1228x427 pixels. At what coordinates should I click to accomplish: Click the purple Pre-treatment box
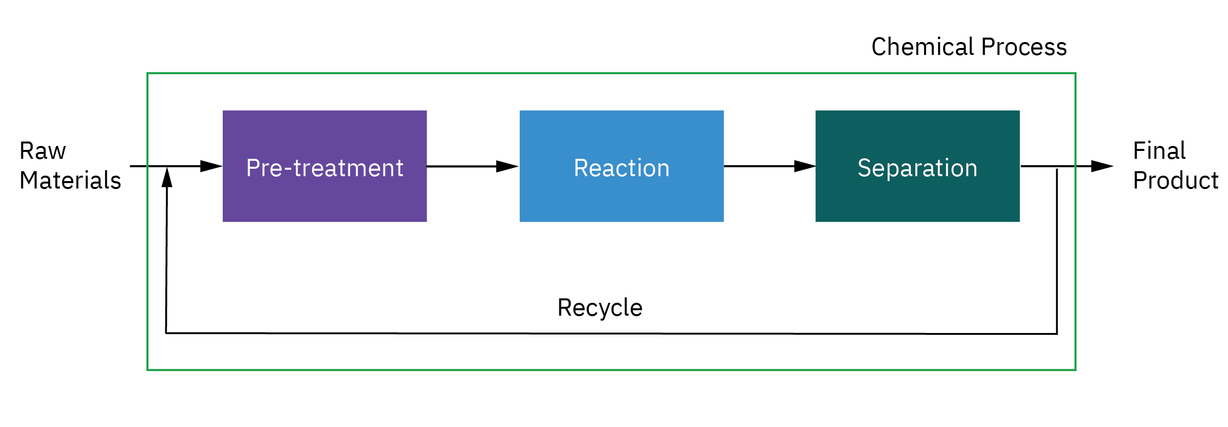pos(325,166)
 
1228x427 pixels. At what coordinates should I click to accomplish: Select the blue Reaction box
pos(622,166)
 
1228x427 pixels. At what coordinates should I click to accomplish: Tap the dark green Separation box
pos(918,166)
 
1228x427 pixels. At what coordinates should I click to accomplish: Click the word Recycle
pos(600,308)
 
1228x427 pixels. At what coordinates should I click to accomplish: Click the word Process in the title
pos(1024,47)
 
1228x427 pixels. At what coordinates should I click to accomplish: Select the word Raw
pos(43,151)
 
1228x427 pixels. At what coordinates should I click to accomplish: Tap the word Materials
pos(70,180)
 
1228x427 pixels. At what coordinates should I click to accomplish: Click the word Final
pos(1159,150)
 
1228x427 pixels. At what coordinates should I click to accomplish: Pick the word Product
pos(1176,180)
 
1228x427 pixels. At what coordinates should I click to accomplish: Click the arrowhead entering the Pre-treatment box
pos(211,166)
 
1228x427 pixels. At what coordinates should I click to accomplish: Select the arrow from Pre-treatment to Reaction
pos(473,167)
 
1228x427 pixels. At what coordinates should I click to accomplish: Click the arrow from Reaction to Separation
pos(770,166)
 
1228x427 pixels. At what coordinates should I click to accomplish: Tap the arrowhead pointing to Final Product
pos(1102,166)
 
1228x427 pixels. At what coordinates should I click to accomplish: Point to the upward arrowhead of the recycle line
pos(167,177)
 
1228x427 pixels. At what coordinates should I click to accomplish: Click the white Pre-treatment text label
pos(325,168)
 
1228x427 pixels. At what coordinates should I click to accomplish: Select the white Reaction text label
pos(622,168)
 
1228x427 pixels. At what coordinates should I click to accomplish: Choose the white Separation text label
pos(918,168)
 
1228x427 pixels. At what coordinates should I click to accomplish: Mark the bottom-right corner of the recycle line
pos(1057,334)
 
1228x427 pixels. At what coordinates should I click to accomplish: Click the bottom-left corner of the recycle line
pos(166,333)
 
